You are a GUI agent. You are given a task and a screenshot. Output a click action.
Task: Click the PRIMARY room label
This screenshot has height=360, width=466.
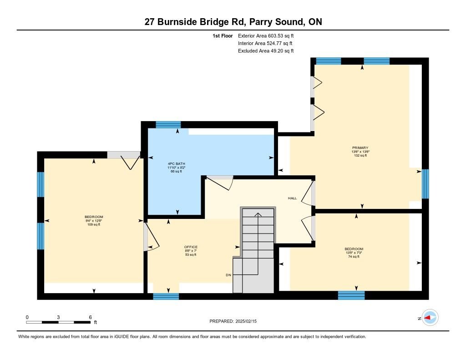point(360,148)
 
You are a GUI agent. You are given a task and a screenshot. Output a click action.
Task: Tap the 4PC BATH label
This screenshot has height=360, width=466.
point(176,164)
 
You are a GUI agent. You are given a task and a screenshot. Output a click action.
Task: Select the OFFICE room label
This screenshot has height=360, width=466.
point(191,247)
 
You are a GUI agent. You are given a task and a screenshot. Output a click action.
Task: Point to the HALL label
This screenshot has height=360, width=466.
point(292,198)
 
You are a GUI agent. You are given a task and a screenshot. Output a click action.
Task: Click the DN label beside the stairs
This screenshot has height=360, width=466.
point(228,275)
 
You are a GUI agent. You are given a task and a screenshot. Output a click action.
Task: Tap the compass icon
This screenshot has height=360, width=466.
point(430,318)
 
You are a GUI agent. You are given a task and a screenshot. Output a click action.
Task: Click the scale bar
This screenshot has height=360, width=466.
point(58,322)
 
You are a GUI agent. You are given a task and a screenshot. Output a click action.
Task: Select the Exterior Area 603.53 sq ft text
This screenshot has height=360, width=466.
point(266,36)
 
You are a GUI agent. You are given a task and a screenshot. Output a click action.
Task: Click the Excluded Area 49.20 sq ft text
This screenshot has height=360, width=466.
point(266,51)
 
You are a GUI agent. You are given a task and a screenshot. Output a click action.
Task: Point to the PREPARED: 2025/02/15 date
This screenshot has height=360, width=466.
point(233,321)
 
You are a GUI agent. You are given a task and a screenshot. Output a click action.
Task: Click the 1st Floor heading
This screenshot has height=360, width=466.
point(223,36)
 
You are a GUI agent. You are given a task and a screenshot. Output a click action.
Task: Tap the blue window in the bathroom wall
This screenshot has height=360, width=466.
point(168,125)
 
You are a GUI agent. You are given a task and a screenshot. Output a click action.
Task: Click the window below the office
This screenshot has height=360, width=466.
point(166,296)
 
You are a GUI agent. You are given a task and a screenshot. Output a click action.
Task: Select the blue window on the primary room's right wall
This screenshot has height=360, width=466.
point(425,184)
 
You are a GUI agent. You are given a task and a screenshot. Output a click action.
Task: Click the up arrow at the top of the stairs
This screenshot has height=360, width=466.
point(258,214)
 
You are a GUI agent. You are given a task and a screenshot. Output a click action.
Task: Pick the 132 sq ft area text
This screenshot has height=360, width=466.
point(360,156)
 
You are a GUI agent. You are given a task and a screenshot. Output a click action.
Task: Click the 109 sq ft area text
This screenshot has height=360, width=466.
point(94,225)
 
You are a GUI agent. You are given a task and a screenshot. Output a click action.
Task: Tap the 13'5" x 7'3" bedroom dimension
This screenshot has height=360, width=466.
point(354,253)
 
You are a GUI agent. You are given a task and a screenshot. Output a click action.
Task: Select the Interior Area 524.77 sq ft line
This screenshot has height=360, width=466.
point(265,43)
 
